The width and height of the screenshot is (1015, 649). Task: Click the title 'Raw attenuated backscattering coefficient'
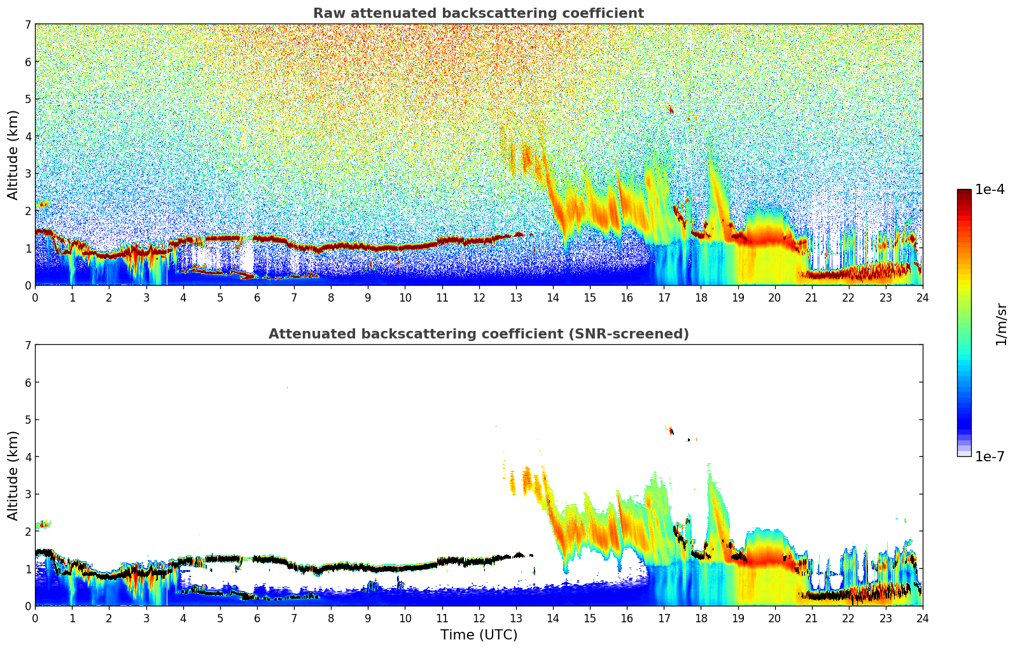478,13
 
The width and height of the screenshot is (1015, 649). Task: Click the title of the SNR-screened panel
478,334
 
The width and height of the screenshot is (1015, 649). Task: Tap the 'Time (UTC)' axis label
479,635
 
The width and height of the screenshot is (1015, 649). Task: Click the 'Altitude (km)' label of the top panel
13,155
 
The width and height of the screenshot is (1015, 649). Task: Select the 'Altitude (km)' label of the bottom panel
13,475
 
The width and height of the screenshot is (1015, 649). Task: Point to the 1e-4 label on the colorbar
990,190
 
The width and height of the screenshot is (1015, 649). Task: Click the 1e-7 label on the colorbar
990,457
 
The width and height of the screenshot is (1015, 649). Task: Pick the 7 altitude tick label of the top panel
27,25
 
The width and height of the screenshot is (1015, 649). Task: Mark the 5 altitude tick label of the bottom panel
27,420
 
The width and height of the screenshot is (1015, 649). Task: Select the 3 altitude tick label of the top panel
27,174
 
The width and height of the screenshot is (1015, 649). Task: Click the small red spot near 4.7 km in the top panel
671,109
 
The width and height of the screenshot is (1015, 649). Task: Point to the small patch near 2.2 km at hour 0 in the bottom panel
43,524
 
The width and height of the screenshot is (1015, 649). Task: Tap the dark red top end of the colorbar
964,192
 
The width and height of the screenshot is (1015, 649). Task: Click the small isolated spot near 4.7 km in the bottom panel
671,430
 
